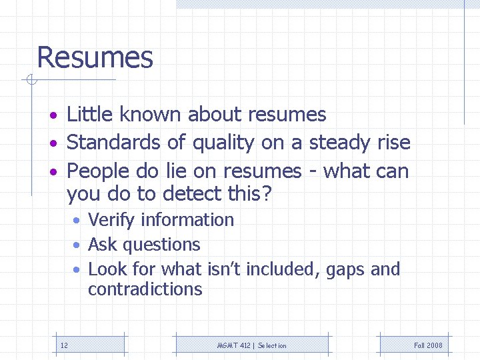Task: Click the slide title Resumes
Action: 95,57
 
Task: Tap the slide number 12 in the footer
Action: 64,345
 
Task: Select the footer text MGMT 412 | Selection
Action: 252,345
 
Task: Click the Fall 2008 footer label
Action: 428,345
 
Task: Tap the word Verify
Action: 109,220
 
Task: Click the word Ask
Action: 103,245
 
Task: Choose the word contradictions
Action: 145,289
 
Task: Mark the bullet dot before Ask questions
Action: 77,245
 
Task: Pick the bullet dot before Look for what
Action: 77,270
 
